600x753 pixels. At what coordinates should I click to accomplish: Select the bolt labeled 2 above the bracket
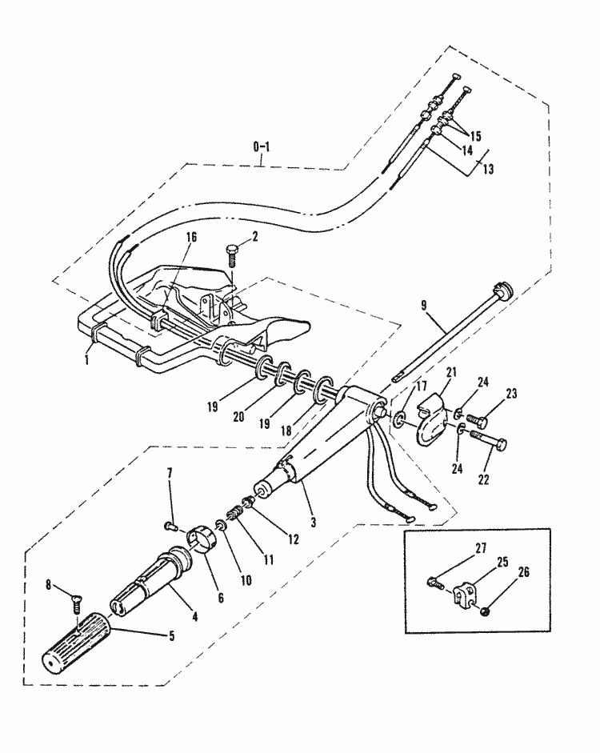point(232,255)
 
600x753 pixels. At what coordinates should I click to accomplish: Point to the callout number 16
point(190,238)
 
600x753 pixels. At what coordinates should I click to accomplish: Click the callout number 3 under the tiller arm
point(314,522)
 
